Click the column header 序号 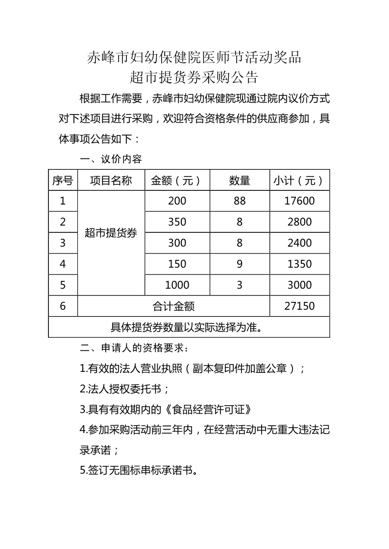coord(63,180)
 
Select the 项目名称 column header coord(111,180)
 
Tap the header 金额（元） coord(177,180)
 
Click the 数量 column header coord(240,180)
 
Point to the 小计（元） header coord(299,180)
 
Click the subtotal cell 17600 coord(299,201)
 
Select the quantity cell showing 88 coord(240,201)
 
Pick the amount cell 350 coord(177,222)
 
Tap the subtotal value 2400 coord(299,243)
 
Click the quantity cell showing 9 coord(240,264)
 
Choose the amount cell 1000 coord(177,285)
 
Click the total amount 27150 coord(299,306)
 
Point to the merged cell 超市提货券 coord(111,233)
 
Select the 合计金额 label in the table coord(173,306)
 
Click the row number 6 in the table coord(63,306)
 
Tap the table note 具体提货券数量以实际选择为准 coord(189,327)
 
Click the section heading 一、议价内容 coord(111,159)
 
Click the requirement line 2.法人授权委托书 coord(124,389)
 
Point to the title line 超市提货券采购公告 coord(194,77)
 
